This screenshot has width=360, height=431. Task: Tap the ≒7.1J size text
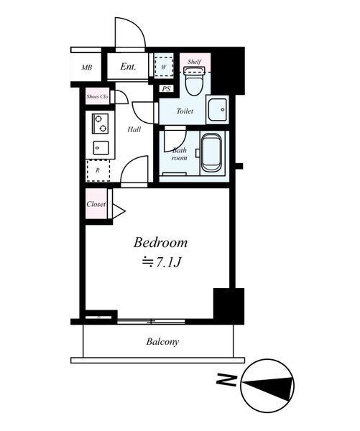[160, 263]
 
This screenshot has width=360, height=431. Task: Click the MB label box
[86, 68]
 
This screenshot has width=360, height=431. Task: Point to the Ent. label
[128, 68]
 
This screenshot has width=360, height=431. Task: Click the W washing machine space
[164, 68]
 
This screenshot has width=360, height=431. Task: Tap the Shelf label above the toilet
[194, 62]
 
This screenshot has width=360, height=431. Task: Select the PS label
[166, 89]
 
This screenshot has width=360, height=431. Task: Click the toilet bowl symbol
[193, 83]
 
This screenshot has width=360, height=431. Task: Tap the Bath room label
[179, 154]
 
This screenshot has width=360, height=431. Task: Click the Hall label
[134, 129]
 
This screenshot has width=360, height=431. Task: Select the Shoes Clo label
[97, 96]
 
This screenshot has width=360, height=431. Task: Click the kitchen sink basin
[100, 148]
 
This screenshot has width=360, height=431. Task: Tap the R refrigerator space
[98, 171]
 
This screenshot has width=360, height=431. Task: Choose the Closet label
[96, 204]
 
